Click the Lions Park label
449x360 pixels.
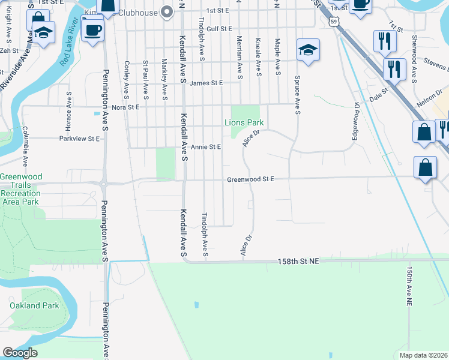coord(244,123)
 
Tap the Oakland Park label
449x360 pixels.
coord(34,305)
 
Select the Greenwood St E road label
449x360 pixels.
coord(250,179)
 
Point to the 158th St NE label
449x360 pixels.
coord(298,262)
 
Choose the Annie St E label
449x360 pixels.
coord(206,147)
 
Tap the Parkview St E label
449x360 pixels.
coord(80,139)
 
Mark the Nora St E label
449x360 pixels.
coord(125,107)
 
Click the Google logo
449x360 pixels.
coord(20,353)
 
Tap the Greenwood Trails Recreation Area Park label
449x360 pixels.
coord(20,189)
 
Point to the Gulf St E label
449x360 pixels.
coord(219,28)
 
